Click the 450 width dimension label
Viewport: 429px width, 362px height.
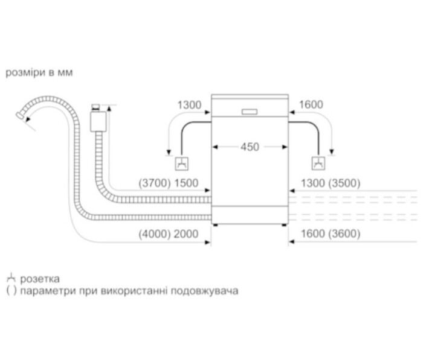tap(250, 147)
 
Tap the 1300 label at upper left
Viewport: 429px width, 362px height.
tap(189, 105)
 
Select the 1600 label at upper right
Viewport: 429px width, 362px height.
tap(311, 105)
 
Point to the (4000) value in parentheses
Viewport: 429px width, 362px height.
tap(153, 234)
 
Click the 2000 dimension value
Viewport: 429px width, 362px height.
tap(185, 234)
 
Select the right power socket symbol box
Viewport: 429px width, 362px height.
tap(318, 163)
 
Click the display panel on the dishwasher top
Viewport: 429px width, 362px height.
tap(250, 111)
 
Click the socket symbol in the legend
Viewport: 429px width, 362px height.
tap(10, 279)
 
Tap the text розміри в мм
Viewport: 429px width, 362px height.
tap(39, 73)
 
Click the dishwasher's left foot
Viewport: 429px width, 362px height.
tap(216, 226)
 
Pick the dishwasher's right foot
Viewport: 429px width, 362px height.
tap(283, 226)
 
